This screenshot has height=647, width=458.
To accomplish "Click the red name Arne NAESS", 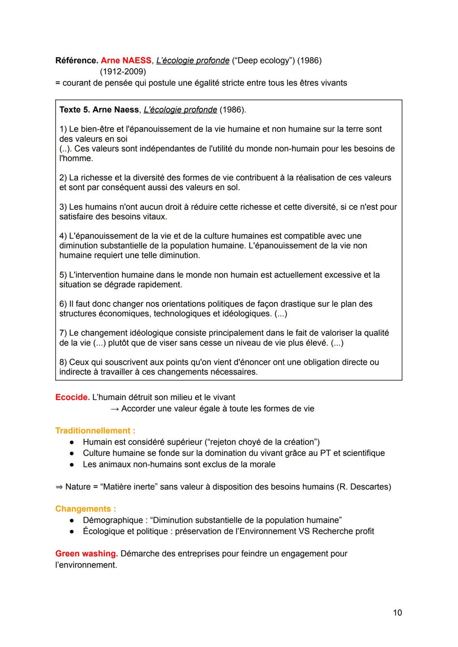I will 126,61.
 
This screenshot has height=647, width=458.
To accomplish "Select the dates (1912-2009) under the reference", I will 123,72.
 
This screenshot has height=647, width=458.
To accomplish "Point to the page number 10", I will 397,613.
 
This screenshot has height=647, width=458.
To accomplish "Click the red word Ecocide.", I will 72,397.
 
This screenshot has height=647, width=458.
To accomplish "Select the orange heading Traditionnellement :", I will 95,431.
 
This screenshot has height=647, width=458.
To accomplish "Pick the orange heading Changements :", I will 85,509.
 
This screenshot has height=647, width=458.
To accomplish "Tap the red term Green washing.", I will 87,554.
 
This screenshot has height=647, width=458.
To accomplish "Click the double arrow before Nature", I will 59,487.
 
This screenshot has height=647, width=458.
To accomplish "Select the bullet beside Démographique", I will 73,520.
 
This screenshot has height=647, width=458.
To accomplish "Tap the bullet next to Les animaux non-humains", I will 73,465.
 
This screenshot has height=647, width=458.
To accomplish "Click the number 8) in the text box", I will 63,362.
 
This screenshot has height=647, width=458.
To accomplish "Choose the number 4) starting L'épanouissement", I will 63,236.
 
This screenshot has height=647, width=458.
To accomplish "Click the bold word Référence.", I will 77,61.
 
